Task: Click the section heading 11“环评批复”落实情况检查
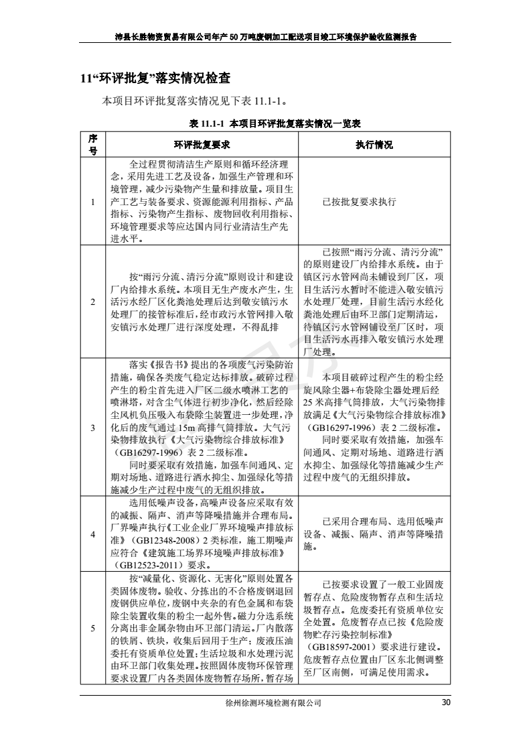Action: coord(152,78)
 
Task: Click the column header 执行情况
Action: coord(374,145)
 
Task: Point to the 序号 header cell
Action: coord(94,145)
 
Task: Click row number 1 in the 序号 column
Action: coord(94,202)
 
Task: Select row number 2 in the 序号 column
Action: coord(94,302)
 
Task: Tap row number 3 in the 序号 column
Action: coord(94,427)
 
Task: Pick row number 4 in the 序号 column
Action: coord(94,534)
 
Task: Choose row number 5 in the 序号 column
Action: coord(94,628)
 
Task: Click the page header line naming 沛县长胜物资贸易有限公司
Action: coord(265,38)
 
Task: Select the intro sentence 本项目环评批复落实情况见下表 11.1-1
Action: coord(195,102)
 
